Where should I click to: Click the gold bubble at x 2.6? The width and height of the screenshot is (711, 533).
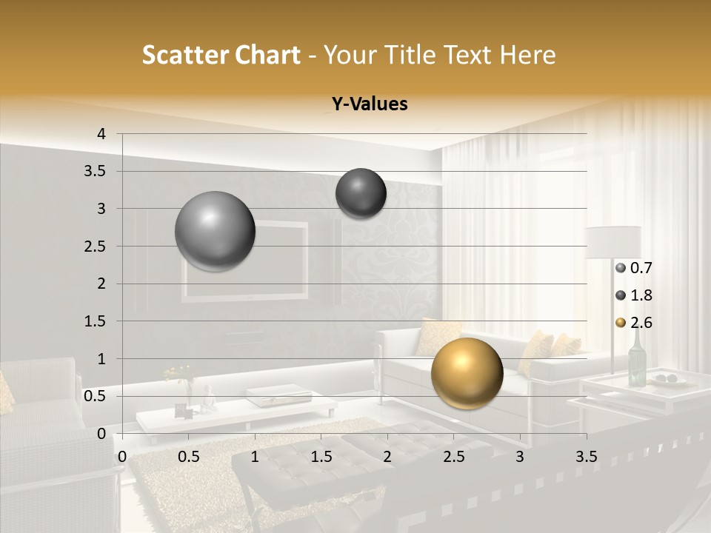click(467, 373)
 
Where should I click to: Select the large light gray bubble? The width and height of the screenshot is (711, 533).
click(215, 231)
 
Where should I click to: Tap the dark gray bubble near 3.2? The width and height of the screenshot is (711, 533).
click(361, 193)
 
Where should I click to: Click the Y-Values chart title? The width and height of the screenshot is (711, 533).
click(369, 104)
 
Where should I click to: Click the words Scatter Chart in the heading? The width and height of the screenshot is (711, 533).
click(221, 55)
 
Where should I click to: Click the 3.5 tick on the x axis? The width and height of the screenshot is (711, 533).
click(586, 457)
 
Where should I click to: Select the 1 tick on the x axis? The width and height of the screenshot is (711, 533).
click(255, 457)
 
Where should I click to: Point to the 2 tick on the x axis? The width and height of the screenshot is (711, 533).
click(387, 457)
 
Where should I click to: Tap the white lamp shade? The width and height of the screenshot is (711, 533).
click(612, 242)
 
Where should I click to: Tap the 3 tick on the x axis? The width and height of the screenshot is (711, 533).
click(520, 457)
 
